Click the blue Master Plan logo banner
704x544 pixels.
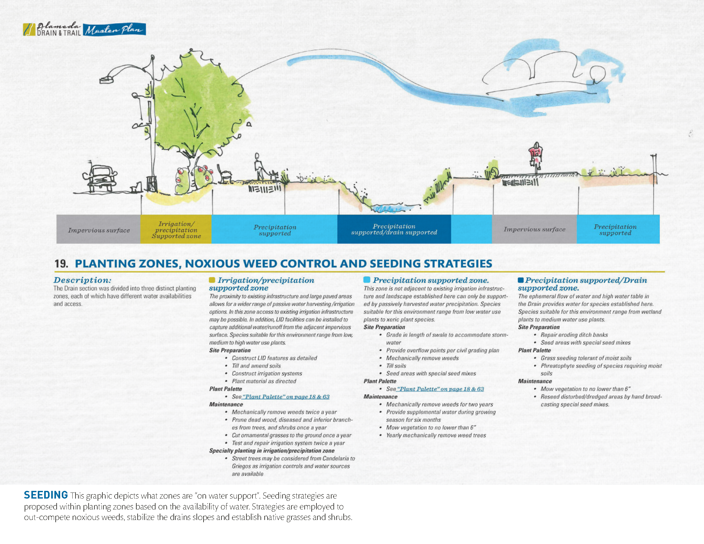(x=115, y=30)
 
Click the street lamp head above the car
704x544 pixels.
(x=107, y=79)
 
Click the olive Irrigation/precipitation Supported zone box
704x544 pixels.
(x=176, y=229)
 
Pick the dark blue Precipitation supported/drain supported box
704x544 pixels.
(x=394, y=229)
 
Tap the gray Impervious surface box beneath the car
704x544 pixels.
(x=99, y=229)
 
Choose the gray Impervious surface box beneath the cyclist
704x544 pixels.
(x=534, y=229)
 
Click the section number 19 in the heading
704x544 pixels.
(x=61, y=264)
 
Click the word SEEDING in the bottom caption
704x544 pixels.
(x=46, y=495)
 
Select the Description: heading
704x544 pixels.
(x=82, y=280)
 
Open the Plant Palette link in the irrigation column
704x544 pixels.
(x=285, y=397)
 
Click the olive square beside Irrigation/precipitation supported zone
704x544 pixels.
(x=212, y=280)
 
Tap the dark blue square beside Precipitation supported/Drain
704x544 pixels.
(x=521, y=280)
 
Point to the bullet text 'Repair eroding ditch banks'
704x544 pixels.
(x=574, y=335)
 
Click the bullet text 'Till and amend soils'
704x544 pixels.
(x=256, y=366)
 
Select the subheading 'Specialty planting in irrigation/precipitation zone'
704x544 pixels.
(x=272, y=451)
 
